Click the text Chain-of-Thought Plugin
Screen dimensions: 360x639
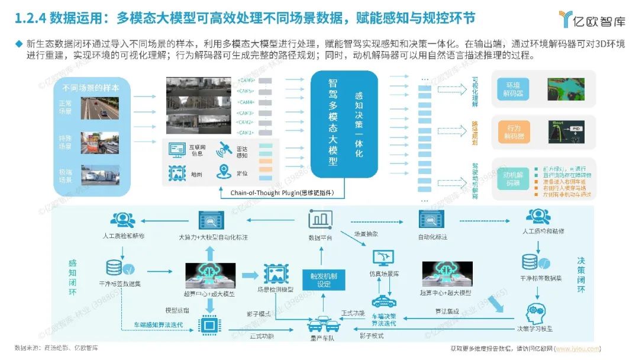[x=255, y=193]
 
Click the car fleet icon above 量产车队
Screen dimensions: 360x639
[x=322, y=325]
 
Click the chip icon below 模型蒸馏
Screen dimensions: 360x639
[x=208, y=324]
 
